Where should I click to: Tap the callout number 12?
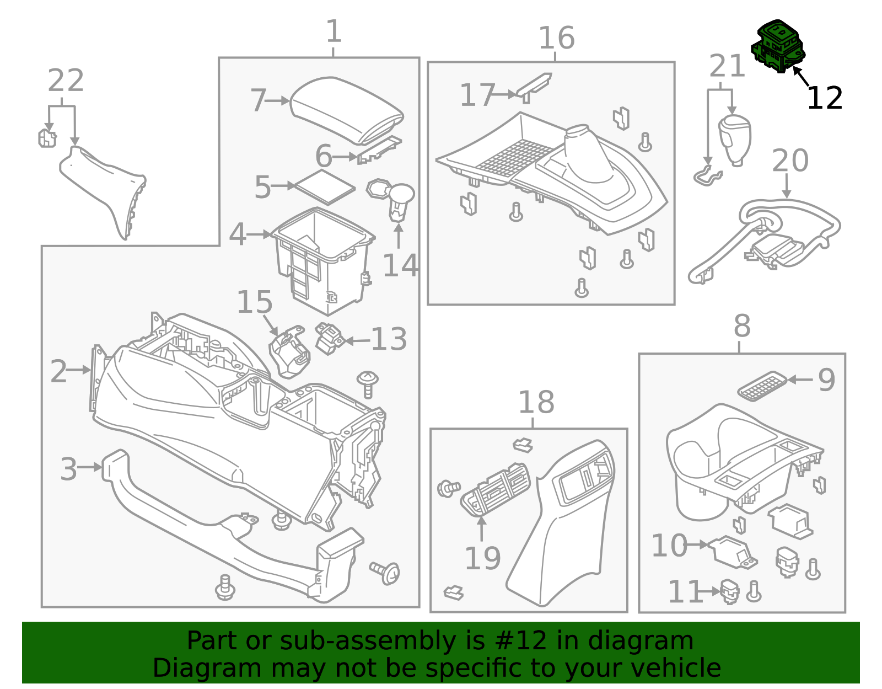pos(824,98)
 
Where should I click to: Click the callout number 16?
pos(556,39)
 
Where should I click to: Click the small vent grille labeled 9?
pos(762,386)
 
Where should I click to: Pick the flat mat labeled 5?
pos(325,187)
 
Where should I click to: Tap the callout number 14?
pos(400,265)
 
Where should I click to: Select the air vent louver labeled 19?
pos(494,489)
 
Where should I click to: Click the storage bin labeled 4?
pos(322,259)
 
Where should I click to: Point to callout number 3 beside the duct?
pos(68,469)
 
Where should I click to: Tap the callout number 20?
pos(790,161)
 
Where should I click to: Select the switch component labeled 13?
pos(329,338)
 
